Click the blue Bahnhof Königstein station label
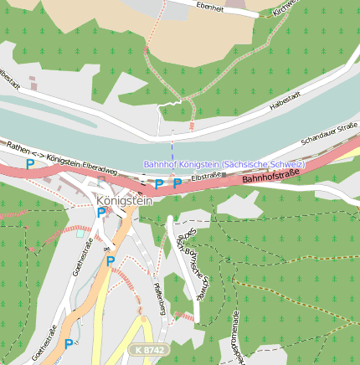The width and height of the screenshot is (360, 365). pyautogui.click(x=224, y=164)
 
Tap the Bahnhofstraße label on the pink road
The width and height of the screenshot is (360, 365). pyautogui.click(x=270, y=177)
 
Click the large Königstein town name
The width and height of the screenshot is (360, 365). pyautogui.click(x=125, y=201)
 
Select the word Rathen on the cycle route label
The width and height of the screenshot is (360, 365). pyautogui.click(x=18, y=147)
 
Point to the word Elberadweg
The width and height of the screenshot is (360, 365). pyautogui.click(x=100, y=166)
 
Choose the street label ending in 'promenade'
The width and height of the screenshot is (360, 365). pyautogui.click(x=238, y=339)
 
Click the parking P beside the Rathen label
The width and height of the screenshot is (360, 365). pyautogui.click(x=30, y=164)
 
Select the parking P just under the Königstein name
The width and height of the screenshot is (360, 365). pyautogui.click(x=101, y=213)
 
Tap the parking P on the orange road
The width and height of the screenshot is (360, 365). pyautogui.click(x=110, y=261)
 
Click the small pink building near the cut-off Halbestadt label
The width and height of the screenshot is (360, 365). pyautogui.click(x=32, y=83)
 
